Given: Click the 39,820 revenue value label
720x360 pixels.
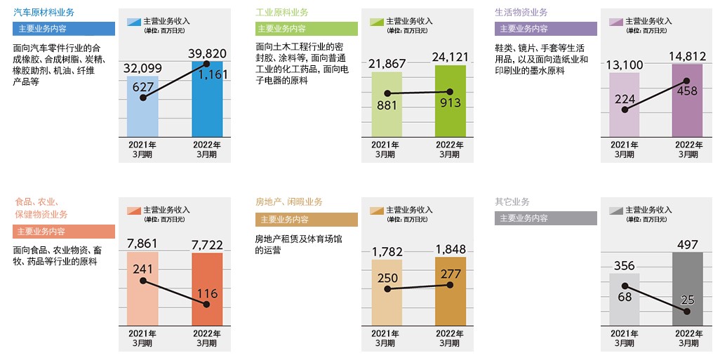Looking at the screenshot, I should click(208, 54).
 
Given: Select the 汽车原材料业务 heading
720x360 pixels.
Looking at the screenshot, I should click(44, 13).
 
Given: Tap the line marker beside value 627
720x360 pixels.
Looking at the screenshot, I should click(142, 98).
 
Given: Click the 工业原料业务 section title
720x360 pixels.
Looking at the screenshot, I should click(281, 13).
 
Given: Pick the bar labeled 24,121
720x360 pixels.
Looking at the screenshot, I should click(450, 105).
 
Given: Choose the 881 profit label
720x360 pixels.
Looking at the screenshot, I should click(387, 105).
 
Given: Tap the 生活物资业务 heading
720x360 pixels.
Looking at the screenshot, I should click(521, 13).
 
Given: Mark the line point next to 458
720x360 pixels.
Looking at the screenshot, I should click(687, 81).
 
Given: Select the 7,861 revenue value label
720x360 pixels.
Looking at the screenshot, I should click(142, 244).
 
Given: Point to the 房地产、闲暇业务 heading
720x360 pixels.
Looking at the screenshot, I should click(289, 202).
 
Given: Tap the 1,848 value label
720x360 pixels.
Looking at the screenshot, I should click(451, 250).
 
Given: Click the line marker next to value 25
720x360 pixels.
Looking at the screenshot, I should click(687, 311).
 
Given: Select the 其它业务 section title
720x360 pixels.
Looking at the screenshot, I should click(512, 202).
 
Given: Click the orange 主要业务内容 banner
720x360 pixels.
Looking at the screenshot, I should click(64, 232).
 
